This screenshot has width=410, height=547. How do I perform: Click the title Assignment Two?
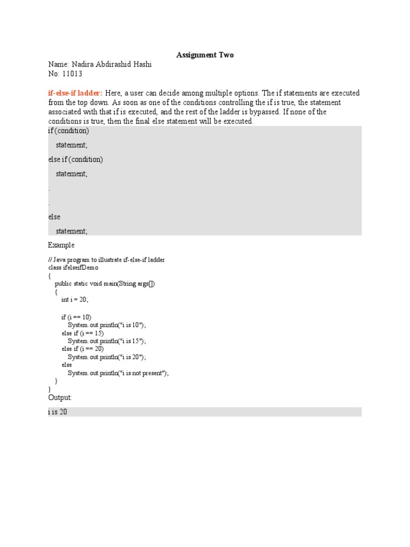pyautogui.click(x=205, y=55)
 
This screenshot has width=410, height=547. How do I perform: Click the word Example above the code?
pyautogui.click(x=61, y=245)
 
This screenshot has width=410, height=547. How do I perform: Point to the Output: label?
pyautogui.click(x=60, y=398)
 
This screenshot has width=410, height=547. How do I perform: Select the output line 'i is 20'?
pyautogui.click(x=57, y=412)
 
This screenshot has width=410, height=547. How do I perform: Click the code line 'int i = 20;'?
pyautogui.click(x=75, y=300)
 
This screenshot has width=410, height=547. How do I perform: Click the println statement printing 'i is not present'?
pyautogui.click(x=118, y=373)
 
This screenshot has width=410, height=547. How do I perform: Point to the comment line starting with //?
pyautogui.click(x=106, y=260)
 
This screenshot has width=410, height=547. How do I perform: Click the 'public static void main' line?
pyautogui.click(x=105, y=284)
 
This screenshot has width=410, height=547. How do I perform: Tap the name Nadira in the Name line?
pyautogui.click(x=82, y=65)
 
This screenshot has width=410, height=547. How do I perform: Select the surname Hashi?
pyautogui.click(x=141, y=65)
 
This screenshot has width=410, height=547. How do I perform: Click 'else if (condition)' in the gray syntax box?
pyautogui.click(x=75, y=159)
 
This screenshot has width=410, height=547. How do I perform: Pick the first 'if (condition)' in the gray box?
pyautogui.click(x=69, y=131)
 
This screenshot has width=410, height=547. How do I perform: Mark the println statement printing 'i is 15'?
pyautogui.click(x=107, y=341)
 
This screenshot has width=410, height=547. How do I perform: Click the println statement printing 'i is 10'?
pyautogui.click(x=107, y=325)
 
